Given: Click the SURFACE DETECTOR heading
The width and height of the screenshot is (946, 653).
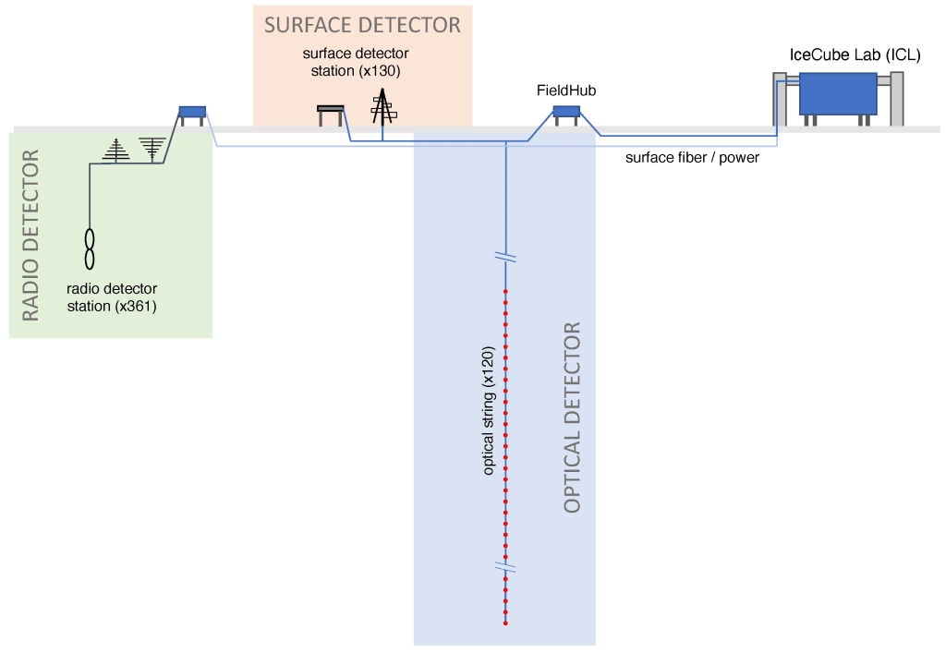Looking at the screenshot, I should (362, 24).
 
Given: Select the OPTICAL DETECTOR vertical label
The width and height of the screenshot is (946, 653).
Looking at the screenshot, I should (572, 417).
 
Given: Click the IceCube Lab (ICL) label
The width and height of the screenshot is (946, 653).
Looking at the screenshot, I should (855, 54).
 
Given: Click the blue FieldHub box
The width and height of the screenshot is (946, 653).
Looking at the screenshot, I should (566, 112).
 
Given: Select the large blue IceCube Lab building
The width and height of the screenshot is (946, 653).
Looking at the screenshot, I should (838, 93).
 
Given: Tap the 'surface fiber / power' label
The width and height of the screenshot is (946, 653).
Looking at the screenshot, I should (692, 158).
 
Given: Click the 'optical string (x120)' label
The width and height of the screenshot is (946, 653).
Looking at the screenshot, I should (489, 412).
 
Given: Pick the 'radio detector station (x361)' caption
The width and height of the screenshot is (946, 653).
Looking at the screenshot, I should (112, 297).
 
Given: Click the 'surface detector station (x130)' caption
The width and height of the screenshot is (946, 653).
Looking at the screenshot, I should (356, 62).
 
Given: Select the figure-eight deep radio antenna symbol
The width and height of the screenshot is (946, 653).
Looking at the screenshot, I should (90, 248).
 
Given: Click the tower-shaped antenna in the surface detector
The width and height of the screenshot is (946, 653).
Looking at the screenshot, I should (381, 107).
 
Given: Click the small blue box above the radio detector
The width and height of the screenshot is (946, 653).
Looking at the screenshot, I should (192, 112).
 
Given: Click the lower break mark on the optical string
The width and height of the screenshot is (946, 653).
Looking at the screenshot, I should (505, 566).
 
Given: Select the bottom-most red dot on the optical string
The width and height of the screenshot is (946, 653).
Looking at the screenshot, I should (505, 623).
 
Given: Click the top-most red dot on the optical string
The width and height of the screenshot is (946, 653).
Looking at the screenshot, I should (505, 292).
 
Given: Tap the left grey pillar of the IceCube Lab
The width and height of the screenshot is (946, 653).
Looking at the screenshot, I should (780, 99).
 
